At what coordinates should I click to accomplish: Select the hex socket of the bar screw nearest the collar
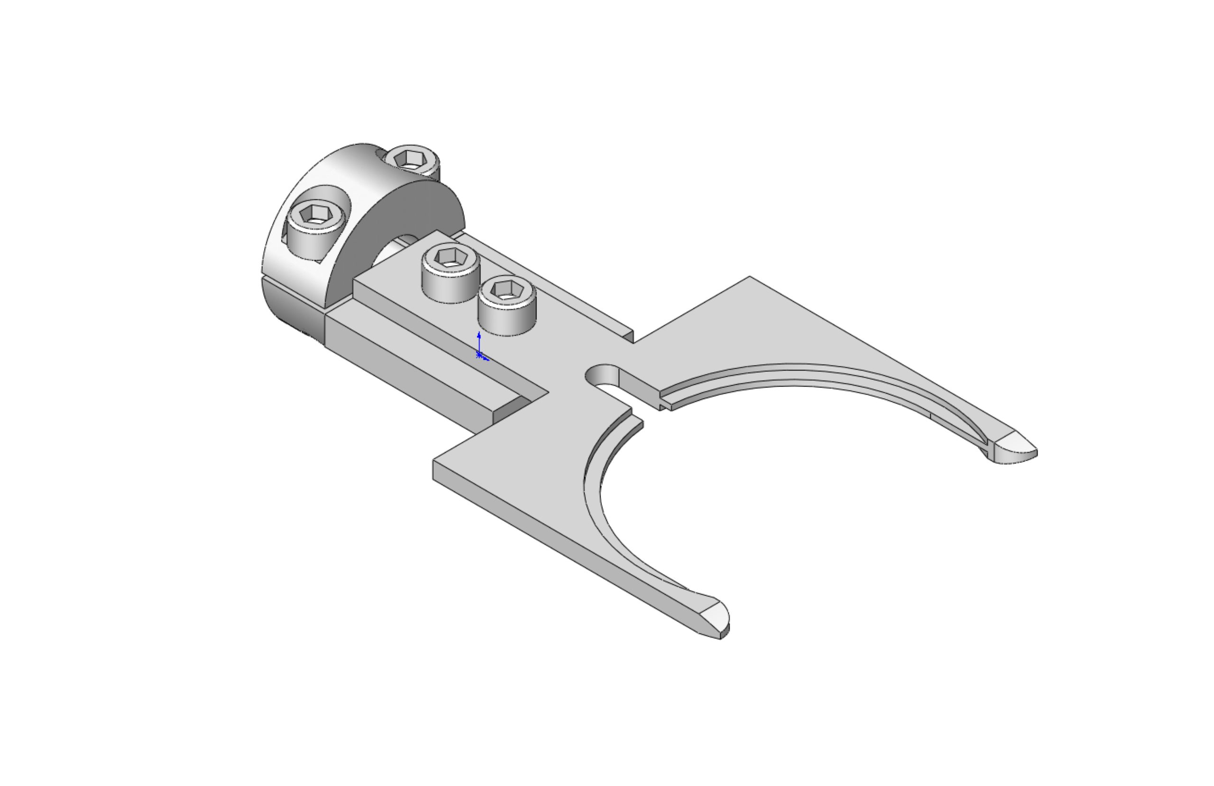[449, 257]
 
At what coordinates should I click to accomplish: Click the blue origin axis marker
[479, 352]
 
